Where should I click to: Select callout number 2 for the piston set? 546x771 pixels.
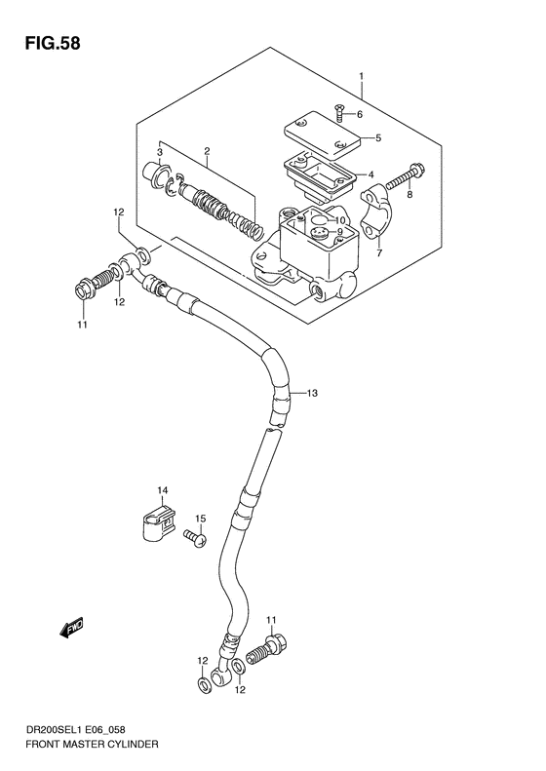click(x=207, y=151)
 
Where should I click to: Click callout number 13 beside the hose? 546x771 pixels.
click(x=313, y=393)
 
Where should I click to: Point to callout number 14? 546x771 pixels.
click(x=164, y=490)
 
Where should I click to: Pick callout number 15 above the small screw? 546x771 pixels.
click(x=200, y=518)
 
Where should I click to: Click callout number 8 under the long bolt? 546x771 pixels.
click(x=409, y=196)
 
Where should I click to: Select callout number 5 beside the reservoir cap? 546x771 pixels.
click(x=377, y=137)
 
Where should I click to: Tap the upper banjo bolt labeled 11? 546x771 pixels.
click(x=88, y=289)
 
